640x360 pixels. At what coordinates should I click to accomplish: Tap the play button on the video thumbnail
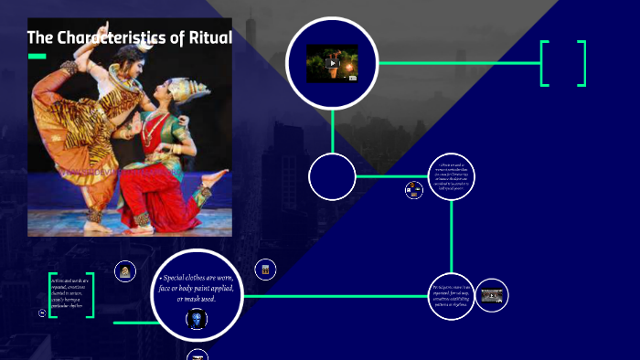coord(332,63)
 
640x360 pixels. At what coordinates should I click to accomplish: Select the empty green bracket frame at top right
coord(563,63)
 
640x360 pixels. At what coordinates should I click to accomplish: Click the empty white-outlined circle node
coord(332,177)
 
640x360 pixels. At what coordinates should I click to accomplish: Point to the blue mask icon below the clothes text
coord(197,319)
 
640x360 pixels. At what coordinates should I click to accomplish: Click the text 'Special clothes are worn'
coord(197,278)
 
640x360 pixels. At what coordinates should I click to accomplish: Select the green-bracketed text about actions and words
coord(71,295)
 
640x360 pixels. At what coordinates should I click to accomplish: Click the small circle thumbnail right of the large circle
coord(265,269)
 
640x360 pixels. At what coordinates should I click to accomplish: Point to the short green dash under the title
coord(37,56)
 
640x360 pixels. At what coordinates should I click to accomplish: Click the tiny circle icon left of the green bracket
coord(42,312)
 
